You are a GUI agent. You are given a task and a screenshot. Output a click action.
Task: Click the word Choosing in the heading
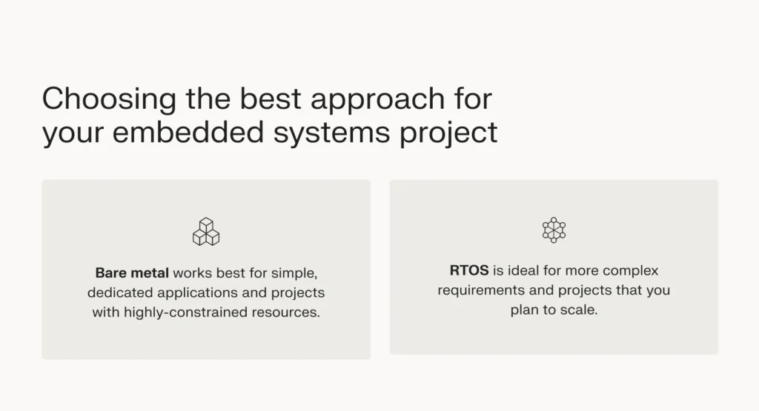pos(99,100)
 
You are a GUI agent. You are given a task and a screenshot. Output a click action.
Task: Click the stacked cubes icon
pos(206,232)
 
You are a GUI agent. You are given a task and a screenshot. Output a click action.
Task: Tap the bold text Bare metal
pos(132,273)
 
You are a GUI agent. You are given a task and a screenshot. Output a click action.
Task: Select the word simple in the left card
pos(296,273)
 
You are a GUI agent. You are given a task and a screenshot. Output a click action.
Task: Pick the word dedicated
pos(122,293)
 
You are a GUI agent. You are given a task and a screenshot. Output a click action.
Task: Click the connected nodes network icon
pos(554,230)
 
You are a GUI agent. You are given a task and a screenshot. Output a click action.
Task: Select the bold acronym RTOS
pos(468,270)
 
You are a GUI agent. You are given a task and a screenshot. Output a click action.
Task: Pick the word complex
pos(632,270)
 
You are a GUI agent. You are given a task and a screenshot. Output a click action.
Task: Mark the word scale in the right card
pos(580,310)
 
